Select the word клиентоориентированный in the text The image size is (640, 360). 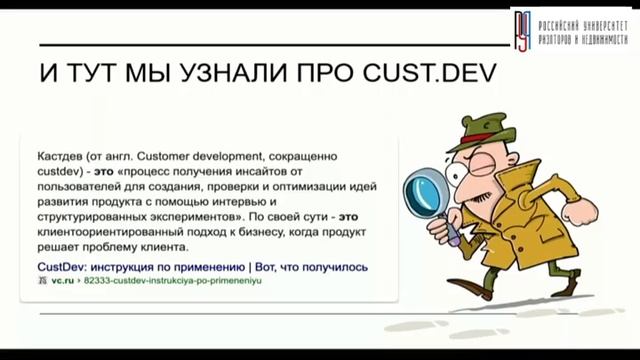point(106,231)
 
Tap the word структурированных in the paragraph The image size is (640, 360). point(93,216)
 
